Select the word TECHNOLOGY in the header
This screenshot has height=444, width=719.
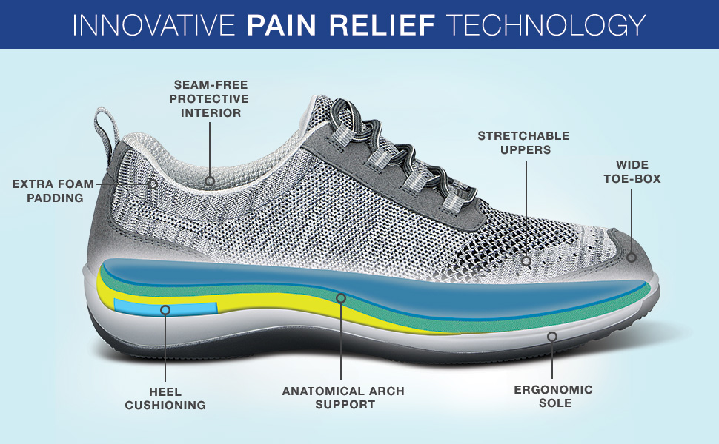546,24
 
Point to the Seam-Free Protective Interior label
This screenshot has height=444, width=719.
209,98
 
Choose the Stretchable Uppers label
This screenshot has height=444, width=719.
523,142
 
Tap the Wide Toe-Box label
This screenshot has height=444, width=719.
631,171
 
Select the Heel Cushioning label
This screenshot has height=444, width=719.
165,397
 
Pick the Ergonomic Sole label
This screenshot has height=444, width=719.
554,396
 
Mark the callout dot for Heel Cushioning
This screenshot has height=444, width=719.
165,310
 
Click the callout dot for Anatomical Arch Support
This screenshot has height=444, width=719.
341,298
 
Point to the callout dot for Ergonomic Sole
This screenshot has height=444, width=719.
552,336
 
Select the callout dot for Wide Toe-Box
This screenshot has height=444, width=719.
632,258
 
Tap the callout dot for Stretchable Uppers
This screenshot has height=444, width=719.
526,260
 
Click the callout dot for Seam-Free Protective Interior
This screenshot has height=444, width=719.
210,181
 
